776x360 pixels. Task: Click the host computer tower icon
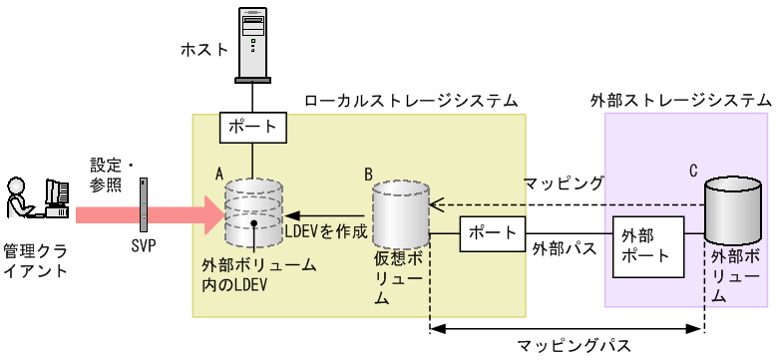click(253, 42)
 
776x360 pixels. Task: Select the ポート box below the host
click(253, 128)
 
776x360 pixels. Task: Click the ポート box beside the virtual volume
click(492, 236)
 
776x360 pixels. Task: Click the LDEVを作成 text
click(327, 230)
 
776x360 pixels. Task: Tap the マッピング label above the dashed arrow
click(565, 183)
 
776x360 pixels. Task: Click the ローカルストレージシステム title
click(411, 100)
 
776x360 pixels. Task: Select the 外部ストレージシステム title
click(681, 100)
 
